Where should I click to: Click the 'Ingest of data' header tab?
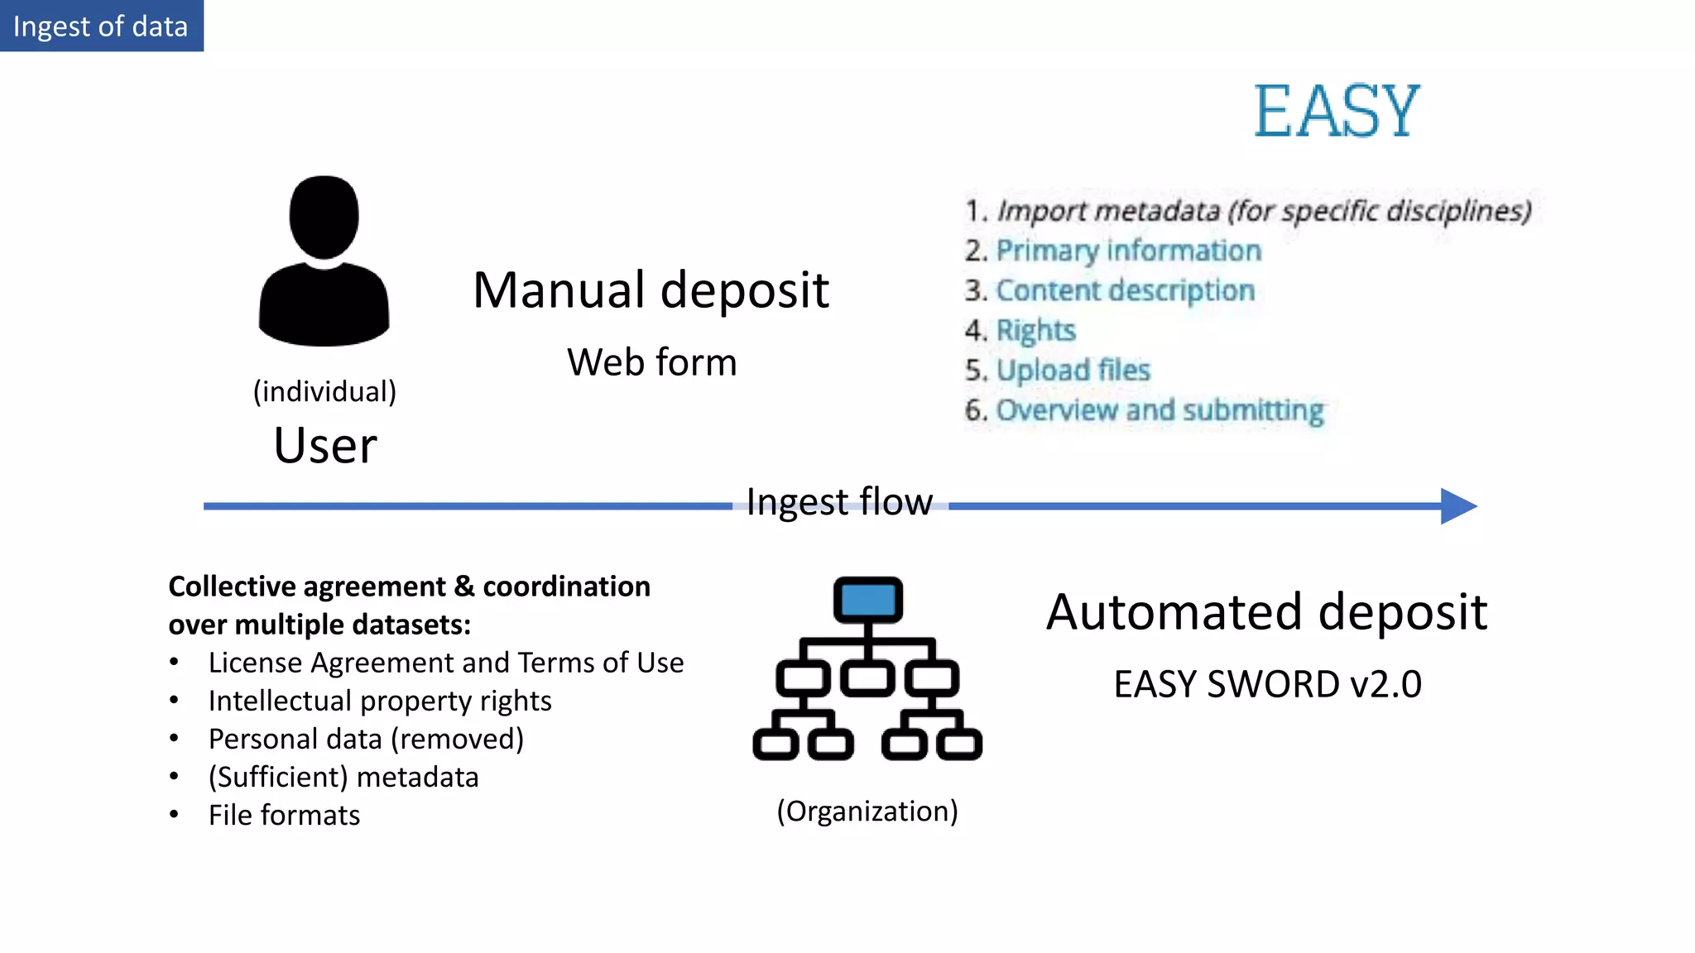(101, 26)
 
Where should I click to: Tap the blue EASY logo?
(1336, 112)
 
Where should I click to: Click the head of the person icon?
(324, 216)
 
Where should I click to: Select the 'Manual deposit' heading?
(651, 290)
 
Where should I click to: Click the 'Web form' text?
(651, 362)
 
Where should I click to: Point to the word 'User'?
(325, 446)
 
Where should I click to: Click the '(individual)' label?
(324, 391)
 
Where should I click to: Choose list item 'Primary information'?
(1128, 251)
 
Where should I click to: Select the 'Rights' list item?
(1035, 330)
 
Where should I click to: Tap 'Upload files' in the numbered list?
(1073, 370)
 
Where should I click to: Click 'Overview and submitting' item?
(1159, 410)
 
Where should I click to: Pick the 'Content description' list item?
(1125, 290)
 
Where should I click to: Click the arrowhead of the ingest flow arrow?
(1457, 505)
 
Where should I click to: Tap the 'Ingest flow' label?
(839, 502)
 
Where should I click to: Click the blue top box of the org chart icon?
(867, 599)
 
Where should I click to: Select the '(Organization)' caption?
(867, 811)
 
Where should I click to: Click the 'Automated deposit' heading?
(1266, 612)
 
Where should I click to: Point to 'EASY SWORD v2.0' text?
(1267, 685)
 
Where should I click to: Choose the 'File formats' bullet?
(284, 815)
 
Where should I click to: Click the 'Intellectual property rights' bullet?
(380, 701)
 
